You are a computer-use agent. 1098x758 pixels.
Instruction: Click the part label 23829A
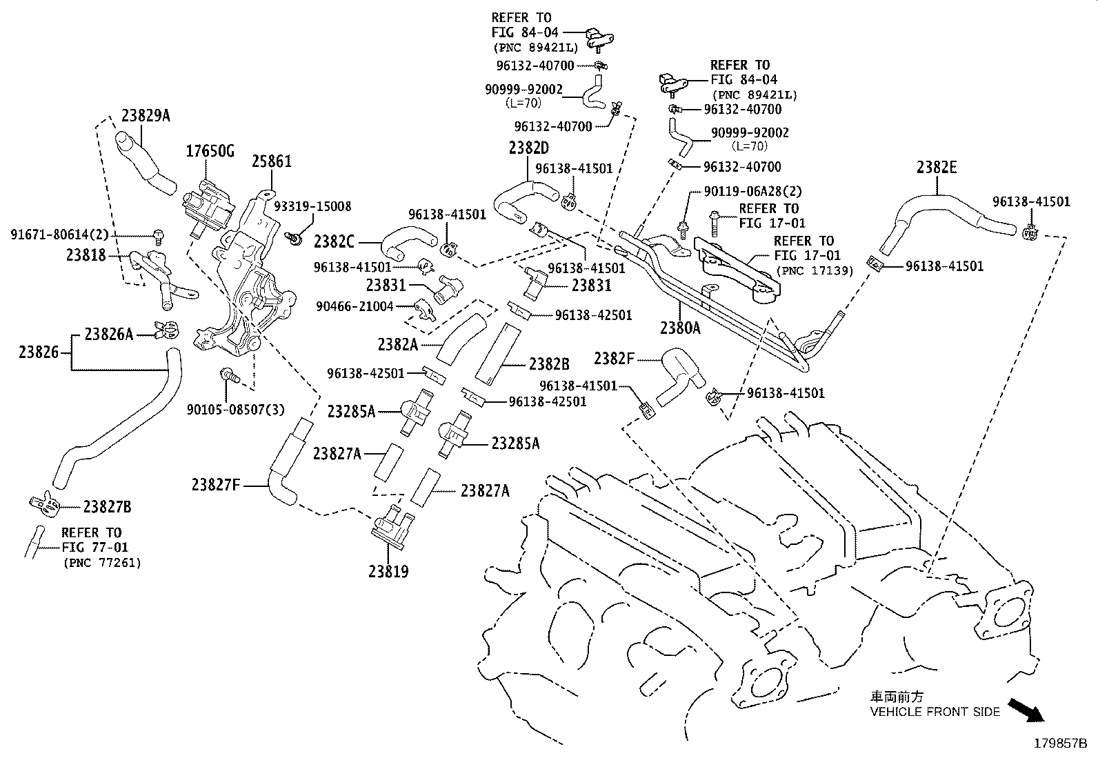click(x=146, y=115)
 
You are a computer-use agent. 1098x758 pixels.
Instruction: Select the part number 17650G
click(x=210, y=151)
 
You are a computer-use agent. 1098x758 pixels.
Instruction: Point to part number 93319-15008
click(x=312, y=206)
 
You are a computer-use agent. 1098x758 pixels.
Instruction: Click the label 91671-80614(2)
click(x=59, y=235)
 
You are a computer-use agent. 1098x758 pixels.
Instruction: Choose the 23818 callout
click(x=86, y=255)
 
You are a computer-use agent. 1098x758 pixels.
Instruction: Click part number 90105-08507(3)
click(x=234, y=410)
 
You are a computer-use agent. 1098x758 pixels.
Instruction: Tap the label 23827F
click(x=215, y=485)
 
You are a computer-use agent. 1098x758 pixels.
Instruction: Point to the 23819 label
click(x=388, y=572)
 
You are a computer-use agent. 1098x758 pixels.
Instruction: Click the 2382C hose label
click(x=334, y=242)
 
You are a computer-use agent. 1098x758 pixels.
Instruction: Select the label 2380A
click(x=679, y=328)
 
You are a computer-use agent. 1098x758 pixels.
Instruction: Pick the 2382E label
click(x=937, y=168)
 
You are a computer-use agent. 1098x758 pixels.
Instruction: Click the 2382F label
click(x=614, y=358)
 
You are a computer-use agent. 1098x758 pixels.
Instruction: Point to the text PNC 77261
click(x=101, y=563)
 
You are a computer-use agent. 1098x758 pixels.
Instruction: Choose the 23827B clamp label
click(x=107, y=507)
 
